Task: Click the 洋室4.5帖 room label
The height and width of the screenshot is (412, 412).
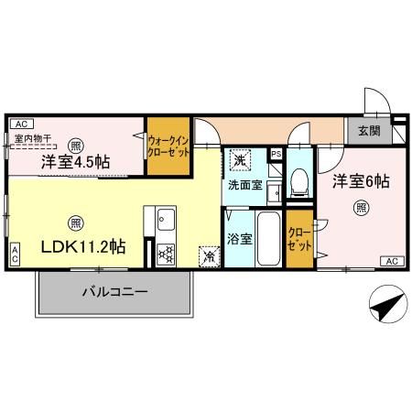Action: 75,162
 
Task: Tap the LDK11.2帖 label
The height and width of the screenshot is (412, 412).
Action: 83,246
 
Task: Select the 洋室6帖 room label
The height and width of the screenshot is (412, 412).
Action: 361,181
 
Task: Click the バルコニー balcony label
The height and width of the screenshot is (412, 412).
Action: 114,292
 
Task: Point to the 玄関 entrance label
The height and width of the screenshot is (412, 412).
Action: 369,131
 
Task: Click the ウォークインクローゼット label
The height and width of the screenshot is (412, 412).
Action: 168,146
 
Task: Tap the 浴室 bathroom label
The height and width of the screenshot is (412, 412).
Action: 240,239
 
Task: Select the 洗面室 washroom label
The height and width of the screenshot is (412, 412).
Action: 245,185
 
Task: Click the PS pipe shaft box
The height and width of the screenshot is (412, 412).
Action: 276,154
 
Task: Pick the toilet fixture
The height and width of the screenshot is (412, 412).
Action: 299,182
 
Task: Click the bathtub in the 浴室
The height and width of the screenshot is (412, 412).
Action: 268,239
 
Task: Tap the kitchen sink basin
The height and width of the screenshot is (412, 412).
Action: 167,220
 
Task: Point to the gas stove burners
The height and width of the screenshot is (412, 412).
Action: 166,255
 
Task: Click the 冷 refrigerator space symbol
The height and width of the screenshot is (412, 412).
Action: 210,256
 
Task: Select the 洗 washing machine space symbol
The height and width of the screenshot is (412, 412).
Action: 240,160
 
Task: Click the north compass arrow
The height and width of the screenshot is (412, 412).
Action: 388,304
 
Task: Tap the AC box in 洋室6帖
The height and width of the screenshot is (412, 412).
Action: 392,262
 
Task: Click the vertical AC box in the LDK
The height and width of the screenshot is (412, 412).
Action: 15,255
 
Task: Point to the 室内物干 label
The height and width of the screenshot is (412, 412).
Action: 33,139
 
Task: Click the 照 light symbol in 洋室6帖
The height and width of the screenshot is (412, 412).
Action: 362,208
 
